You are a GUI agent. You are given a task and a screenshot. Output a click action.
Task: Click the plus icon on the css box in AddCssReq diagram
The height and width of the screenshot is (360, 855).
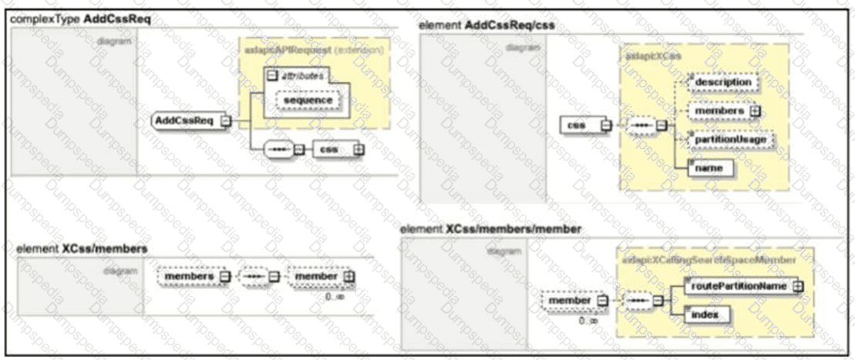tap(358, 150)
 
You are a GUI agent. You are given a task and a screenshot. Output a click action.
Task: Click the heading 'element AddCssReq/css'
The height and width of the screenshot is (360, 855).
tap(486, 25)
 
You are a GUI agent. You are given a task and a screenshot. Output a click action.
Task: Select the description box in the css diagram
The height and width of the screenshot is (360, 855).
tap(722, 81)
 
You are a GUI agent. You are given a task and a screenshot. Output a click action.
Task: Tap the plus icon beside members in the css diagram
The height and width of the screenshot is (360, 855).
tap(756, 111)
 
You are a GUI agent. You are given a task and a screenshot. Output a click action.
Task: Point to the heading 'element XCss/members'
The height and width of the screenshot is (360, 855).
tap(82, 249)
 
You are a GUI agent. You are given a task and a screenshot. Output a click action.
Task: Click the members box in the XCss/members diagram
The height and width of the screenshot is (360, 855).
tap(189, 276)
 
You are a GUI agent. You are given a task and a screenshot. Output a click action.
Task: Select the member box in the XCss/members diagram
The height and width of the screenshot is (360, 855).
tap(316, 276)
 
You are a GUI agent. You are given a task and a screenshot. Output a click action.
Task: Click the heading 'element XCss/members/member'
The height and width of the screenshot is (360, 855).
tap(490, 229)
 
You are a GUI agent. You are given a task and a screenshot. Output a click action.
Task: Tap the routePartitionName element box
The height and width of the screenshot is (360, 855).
tap(739, 286)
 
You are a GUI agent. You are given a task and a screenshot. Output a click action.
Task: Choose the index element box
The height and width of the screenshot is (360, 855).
tap(704, 315)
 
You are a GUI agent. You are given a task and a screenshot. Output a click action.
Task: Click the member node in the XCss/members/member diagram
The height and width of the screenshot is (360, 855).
tap(570, 300)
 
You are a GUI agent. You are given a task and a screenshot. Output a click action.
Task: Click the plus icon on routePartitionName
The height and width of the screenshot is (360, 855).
tap(798, 286)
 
